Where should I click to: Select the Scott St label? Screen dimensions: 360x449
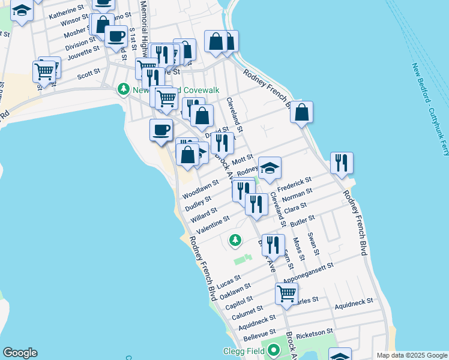click(x=88, y=75)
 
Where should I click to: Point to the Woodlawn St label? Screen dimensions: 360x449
click(x=200, y=187)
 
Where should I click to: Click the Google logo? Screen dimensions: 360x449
click(x=20, y=353)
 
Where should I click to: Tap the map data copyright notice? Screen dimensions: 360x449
click(x=412, y=355)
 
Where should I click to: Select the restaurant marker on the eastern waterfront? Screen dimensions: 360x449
click(x=342, y=162)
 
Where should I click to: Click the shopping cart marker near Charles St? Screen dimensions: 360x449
click(x=287, y=293)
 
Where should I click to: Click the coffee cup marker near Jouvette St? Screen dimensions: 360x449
click(x=116, y=36)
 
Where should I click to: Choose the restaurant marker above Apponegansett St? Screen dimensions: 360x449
click(x=273, y=244)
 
